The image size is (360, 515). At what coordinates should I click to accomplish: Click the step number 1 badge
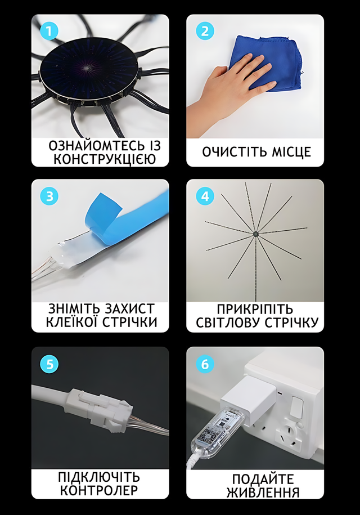[49, 32]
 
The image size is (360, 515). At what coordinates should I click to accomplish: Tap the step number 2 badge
[205, 32]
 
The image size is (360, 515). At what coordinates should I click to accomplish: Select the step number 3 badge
[49, 196]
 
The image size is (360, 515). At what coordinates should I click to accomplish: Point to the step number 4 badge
[205, 196]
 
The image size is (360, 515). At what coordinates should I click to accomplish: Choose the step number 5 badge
[49, 364]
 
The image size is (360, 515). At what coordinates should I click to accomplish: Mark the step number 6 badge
[205, 364]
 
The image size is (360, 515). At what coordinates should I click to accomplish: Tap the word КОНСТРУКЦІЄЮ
[105, 159]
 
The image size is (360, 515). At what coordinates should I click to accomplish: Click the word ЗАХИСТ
[129, 309]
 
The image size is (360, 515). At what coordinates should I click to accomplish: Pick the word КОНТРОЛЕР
[99, 490]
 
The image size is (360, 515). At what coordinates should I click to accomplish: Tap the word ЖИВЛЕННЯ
[263, 492]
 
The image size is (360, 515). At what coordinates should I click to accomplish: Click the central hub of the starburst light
[255, 234]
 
